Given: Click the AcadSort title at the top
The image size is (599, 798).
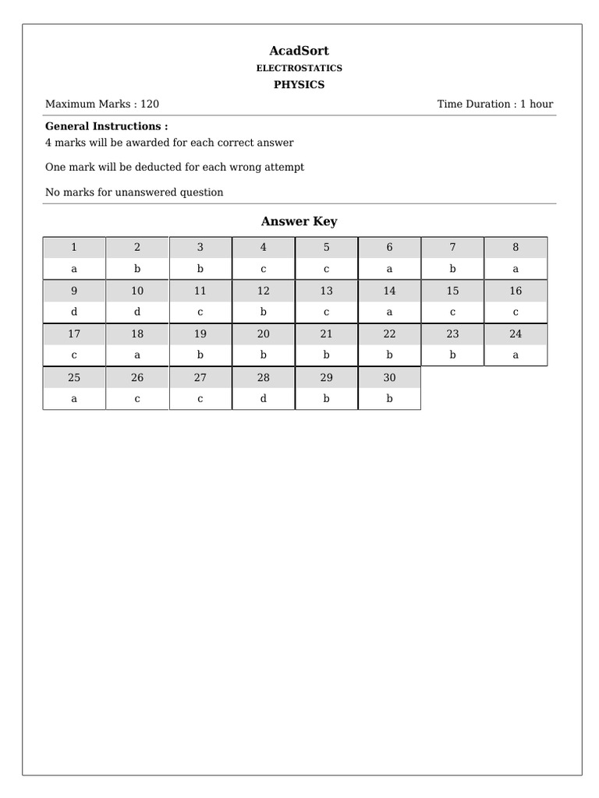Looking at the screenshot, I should pyautogui.click(x=299, y=51).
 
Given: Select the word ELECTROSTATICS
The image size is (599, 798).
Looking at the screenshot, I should pyautogui.click(x=299, y=69).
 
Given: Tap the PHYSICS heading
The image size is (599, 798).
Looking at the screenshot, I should pyautogui.click(x=299, y=85).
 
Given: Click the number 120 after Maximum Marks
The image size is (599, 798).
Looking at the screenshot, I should pyautogui.click(x=150, y=104).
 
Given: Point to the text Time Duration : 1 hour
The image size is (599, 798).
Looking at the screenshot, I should pyautogui.click(x=494, y=104).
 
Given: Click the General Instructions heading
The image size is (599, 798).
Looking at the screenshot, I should pyautogui.click(x=106, y=126).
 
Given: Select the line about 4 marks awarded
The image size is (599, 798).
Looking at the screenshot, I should pyautogui.click(x=169, y=143).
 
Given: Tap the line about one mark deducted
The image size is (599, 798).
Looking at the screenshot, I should pyautogui.click(x=175, y=167).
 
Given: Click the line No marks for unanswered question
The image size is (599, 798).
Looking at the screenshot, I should pyautogui.click(x=134, y=192).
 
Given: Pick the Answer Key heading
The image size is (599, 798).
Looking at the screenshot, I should pyautogui.click(x=299, y=221).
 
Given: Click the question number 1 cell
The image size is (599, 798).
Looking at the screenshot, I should pyautogui.click(x=74, y=247).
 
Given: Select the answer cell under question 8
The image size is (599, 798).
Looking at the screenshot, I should pyautogui.click(x=516, y=269).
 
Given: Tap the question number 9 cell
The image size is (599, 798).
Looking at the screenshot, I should pyautogui.click(x=74, y=291).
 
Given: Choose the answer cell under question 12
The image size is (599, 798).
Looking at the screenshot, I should pyautogui.click(x=264, y=312).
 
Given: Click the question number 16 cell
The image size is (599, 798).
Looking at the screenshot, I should pyautogui.click(x=516, y=291).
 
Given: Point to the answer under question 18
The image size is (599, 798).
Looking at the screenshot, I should pyautogui.click(x=137, y=355).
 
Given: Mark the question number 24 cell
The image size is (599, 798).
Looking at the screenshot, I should pyautogui.click(x=516, y=334).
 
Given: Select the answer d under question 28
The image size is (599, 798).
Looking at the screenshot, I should pyautogui.click(x=264, y=398).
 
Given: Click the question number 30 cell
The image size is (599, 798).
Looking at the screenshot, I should pyautogui.click(x=389, y=377).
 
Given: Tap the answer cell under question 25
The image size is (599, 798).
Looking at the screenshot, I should pyautogui.click(x=74, y=398).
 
